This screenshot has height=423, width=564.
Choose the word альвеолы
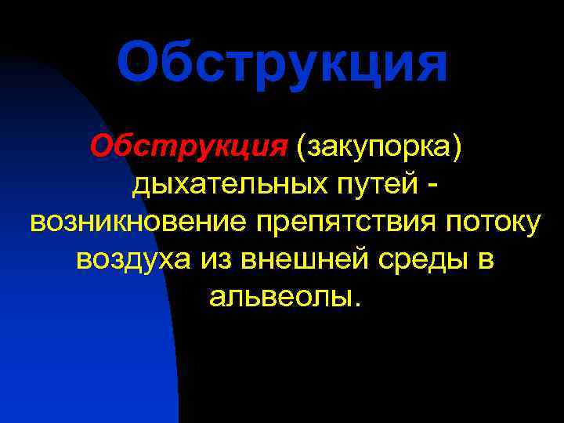point(277,297)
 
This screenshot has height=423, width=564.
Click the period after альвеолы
point(359,305)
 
